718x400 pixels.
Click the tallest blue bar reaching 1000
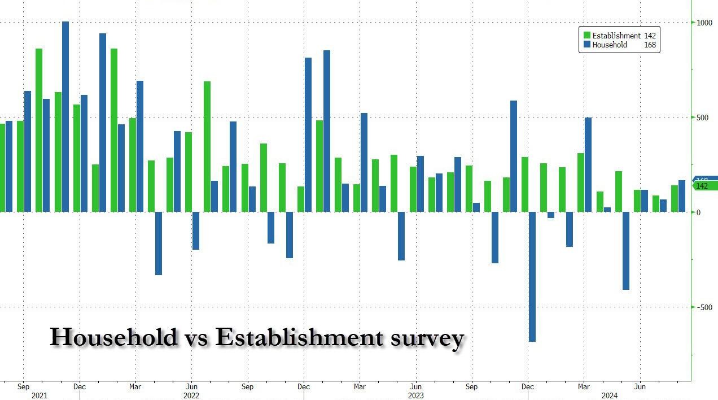(65, 116)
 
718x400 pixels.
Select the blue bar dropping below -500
(532, 277)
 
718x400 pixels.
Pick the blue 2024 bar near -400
(625, 251)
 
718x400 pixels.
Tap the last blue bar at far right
(681, 196)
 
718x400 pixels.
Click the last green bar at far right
(674, 198)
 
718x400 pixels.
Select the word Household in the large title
(113, 338)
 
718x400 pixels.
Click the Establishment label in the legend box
(616, 36)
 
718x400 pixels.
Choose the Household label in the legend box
(610, 45)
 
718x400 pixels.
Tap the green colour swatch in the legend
(587, 36)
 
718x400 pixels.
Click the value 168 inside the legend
(650, 45)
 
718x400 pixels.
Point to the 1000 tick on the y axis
(705, 23)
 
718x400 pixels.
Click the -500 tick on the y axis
(705, 307)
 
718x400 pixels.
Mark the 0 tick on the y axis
(698, 212)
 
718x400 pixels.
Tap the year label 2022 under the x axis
(191, 396)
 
